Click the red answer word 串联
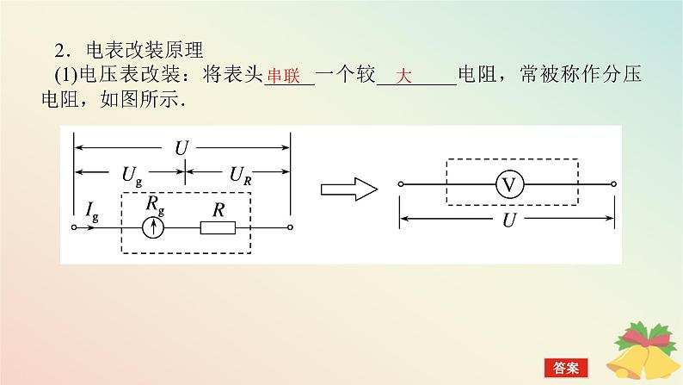[282, 77]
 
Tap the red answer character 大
[405, 77]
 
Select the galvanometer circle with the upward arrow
[153, 227]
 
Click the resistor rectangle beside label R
[218, 227]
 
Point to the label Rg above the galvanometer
[155, 204]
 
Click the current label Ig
[92, 209]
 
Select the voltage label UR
[240, 176]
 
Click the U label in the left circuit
[181, 147]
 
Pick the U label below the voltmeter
[509, 220]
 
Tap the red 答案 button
[569, 367]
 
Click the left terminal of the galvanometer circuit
[74, 227]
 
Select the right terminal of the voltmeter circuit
[614, 184]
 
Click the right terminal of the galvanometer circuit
[290, 227]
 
